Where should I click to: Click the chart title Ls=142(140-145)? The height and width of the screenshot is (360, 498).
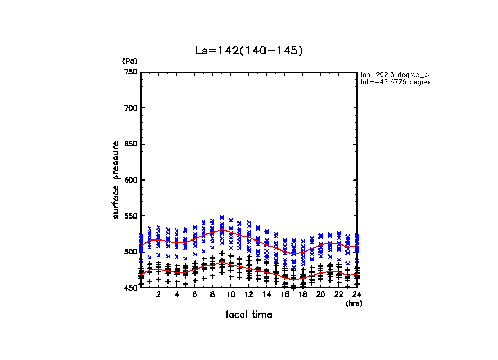tap(249, 51)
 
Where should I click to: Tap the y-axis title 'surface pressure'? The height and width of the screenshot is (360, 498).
tap(116, 179)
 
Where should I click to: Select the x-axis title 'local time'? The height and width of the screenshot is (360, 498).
tap(249, 314)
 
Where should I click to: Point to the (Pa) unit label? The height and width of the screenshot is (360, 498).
tap(129, 61)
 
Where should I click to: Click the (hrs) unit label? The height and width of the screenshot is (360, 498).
tap(353, 303)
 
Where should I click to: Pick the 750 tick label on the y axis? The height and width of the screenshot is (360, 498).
tap(131, 72)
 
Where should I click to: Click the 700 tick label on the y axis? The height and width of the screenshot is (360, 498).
tap(131, 108)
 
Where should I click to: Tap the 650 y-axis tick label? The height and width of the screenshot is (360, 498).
tap(131, 144)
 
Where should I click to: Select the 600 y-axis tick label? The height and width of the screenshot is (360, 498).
tap(131, 180)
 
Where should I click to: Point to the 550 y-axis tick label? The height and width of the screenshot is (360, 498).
tap(131, 216)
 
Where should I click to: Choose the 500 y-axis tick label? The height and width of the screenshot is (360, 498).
tap(131, 252)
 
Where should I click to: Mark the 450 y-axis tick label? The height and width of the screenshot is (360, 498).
tap(131, 288)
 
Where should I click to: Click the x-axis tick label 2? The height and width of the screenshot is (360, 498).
tap(159, 294)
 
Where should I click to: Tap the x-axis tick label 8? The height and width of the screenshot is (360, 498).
tap(213, 294)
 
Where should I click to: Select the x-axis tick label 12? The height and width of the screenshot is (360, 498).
tap(249, 294)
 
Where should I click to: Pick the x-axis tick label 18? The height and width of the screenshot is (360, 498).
tap(303, 294)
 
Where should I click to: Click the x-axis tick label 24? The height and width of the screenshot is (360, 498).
tap(358, 294)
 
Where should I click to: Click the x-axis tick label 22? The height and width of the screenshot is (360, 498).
tap(339, 294)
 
